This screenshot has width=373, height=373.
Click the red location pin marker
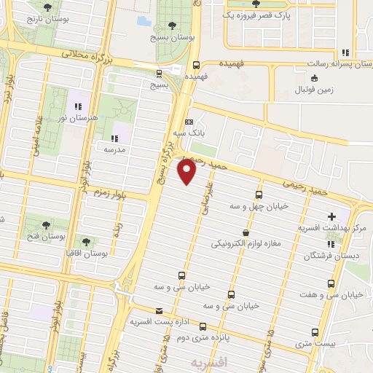click(x=187, y=171)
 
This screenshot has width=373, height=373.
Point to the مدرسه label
click(x=114, y=149)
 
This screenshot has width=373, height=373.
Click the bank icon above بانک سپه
click(x=189, y=122)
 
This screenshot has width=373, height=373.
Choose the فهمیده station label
click(x=197, y=76)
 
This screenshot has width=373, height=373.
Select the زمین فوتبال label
click(x=313, y=90)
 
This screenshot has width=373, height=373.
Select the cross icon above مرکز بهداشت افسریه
click(x=332, y=216)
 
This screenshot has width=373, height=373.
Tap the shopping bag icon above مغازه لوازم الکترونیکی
click(x=246, y=233)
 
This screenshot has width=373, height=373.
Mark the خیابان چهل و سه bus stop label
click(x=259, y=206)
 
